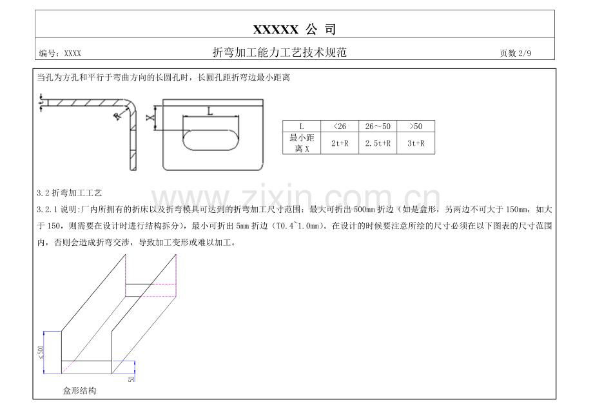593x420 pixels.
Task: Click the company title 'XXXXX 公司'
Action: (294, 29)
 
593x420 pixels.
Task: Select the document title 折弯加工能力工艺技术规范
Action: (280, 52)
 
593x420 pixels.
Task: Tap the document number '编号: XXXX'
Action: (60, 54)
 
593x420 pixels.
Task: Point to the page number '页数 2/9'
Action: (515, 54)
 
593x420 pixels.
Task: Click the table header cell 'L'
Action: (302, 126)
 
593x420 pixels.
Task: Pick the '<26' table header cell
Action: (340, 126)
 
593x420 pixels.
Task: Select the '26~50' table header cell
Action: (378, 126)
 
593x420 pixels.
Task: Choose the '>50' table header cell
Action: (416, 126)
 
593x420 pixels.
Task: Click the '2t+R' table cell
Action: (340, 143)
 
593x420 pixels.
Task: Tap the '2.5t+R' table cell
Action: (378, 143)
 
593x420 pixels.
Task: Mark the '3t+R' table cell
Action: (416, 143)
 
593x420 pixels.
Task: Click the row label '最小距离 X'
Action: (302, 143)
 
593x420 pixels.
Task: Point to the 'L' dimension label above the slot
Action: (210, 111)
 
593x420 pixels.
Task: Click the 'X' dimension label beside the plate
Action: (150, 117)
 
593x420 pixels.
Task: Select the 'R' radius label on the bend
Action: (117, 117)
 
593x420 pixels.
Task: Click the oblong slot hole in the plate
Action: (211, 140)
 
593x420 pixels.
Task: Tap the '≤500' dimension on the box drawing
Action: (41, 352)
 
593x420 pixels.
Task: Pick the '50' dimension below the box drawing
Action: (131, 379)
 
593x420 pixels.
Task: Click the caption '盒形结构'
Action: (79, 391)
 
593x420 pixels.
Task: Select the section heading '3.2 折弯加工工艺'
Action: (69, 193)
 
